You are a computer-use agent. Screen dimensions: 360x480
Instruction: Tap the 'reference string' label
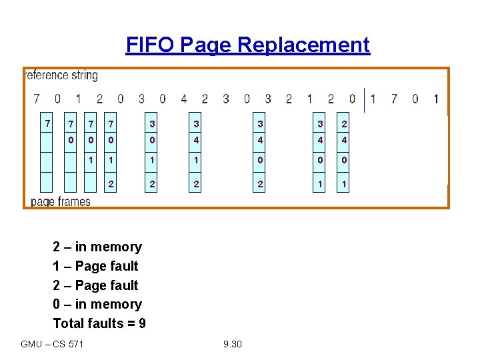point(62,75)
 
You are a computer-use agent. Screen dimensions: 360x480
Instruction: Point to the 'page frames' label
point(61,201)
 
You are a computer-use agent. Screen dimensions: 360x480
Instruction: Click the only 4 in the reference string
point(183,99)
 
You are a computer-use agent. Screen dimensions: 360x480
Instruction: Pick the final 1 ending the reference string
point(436,99)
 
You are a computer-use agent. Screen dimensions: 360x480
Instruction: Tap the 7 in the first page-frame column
point(46,123)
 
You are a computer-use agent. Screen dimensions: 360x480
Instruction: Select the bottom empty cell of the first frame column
point(46,181)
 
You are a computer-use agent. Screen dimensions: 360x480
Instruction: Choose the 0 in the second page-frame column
point(70,141)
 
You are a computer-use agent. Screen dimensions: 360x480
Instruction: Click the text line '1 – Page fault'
point(95,266)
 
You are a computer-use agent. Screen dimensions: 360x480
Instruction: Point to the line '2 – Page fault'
point(95,285)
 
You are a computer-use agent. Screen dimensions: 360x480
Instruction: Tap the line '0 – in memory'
point(97,304)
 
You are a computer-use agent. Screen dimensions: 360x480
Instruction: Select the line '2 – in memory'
point(97,247)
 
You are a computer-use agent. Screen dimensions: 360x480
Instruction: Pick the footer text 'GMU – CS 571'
point(52,344)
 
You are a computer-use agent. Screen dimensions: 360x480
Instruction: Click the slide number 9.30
point(233,344)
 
